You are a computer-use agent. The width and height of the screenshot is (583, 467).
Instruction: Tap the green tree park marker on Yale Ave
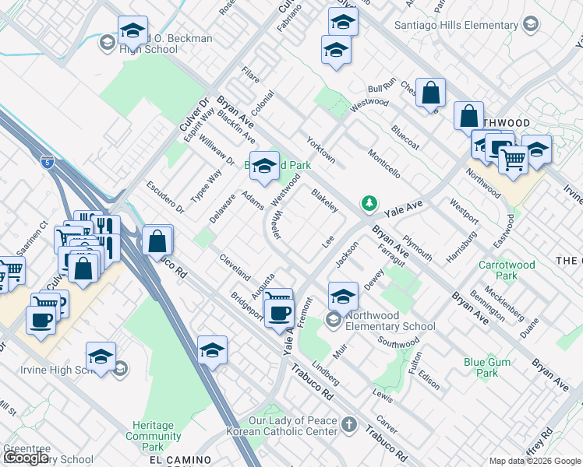(369, 204)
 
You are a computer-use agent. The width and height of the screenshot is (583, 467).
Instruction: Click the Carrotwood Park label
(507, 270)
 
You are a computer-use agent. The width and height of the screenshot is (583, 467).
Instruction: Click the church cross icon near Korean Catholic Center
(350, 425)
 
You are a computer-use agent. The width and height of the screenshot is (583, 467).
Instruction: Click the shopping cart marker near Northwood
(512, 160)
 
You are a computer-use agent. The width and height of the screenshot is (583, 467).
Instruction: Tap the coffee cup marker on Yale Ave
(278, 313)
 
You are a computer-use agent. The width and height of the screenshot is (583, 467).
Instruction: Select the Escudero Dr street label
(164, 197)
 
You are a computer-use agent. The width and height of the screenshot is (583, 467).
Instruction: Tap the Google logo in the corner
(27, 458)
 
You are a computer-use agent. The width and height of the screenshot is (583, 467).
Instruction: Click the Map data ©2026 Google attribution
(535, 461)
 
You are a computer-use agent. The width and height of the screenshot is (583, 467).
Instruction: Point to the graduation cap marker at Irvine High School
(101, 356)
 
